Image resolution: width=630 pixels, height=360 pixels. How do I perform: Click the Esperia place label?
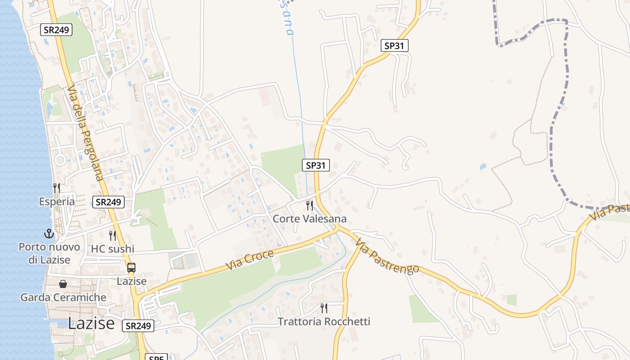pyautogui.click(x=57, y=201)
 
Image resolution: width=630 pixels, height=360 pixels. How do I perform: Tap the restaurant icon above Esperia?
pyautogui.click(x=56, y=187)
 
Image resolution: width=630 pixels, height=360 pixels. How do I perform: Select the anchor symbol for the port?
pyautogui.click(x=49, y=234)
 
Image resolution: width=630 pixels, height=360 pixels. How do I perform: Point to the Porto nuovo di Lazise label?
pyautogui.click(x=49, y=253)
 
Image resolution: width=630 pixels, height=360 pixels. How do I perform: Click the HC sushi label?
pyautogui.click(x=112, y=249)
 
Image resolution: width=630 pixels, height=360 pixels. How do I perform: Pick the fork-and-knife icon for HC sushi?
pyautogui.click(x=112, y=235)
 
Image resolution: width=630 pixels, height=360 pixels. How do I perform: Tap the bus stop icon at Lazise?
pyautogui.click(x=131, y=268)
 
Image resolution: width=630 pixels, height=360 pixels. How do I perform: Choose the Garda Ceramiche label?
pyautogui.click(x=63, y=297)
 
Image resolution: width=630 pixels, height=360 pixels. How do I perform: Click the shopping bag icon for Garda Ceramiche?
pyautogui.click(x=63, y=284)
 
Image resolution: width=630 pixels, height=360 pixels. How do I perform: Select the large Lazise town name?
pyautogui.click(x=91, y=323)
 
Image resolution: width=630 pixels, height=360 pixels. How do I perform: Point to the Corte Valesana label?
pyautogui.click(x=310, y=219)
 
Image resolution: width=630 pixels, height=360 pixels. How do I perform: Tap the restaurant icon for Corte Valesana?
pyautogui.click(x=310, y=205)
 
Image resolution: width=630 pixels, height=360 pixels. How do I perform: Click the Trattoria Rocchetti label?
pyautogui.click(x=324, y=322)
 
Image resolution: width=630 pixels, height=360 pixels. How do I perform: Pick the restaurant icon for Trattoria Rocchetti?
pyautogui.click(x=324, y=308)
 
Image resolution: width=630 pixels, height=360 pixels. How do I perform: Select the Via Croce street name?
pyautogui.click(x=250, y=260)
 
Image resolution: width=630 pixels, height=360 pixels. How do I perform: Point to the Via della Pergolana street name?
pyautogui.click(x=85, y=134)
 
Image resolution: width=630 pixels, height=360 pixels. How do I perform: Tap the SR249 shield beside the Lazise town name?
pyautogui.click(x=138, y=326)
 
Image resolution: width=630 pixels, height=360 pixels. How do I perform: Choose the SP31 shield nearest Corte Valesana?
pyautogui.click(x=315, y=165)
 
